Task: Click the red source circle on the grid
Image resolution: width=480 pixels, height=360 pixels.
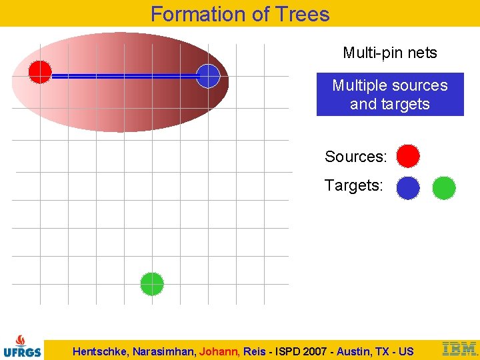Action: (40, 71)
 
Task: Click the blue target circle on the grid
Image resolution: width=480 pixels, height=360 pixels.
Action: (208, 76)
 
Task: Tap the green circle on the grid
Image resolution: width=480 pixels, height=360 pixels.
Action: (152, 284)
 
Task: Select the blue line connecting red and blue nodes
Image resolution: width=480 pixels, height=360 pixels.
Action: (124, 77)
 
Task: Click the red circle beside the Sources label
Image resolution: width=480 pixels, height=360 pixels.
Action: (408, 156)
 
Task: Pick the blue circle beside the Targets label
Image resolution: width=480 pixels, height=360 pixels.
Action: (408, 188)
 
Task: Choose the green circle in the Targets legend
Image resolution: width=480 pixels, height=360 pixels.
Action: (444, 188)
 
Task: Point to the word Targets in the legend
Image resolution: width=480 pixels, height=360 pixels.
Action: (353, 185)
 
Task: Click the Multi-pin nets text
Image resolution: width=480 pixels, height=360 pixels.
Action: (390, 53)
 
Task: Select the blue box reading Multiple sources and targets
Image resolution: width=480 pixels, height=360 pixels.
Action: (390, 95)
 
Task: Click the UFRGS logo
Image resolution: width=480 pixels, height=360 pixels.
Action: (22, 345)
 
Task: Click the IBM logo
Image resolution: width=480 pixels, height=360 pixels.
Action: (459, 348)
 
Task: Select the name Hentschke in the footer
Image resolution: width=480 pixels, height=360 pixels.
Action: (100, 351)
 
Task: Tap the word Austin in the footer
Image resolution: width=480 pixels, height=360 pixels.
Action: (356, 351)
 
